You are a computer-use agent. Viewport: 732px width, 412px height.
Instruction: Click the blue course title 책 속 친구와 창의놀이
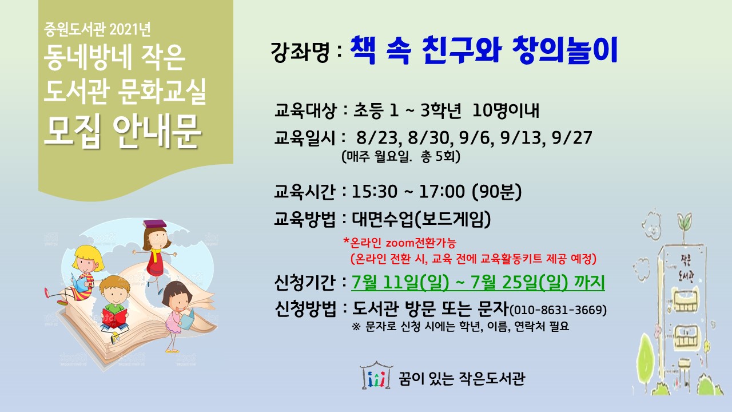484,50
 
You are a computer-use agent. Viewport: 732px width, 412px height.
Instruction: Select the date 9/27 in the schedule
572,137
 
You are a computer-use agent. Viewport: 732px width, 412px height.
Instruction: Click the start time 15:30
375,192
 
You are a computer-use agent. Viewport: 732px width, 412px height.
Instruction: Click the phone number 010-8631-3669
558,310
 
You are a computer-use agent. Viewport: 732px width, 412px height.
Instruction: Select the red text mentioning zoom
400,243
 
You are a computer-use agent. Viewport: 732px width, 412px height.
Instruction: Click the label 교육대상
305,110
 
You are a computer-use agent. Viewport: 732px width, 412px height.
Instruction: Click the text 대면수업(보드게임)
421,219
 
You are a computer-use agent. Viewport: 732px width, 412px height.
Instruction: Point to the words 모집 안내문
122,132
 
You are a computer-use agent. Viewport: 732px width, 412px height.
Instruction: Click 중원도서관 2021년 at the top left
97,29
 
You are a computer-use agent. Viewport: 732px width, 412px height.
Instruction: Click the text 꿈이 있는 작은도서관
462,379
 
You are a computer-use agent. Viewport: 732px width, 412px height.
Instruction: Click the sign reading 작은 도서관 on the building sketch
686,270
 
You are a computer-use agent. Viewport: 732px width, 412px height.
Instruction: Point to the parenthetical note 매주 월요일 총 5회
401,157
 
